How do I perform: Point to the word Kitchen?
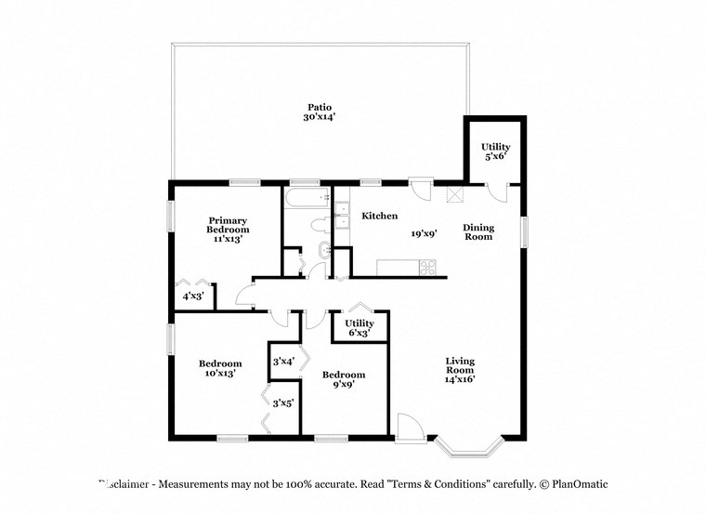tap(379, 216)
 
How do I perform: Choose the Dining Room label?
tap(477, 231)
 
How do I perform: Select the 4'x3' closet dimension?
tap(193, 296)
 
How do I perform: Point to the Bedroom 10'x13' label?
tap(220, 368)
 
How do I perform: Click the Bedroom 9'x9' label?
tap(343, 379)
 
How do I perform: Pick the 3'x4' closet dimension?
tap(282, 362)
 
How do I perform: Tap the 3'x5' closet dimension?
tap(283, 402)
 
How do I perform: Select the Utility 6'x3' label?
tap(360, 328)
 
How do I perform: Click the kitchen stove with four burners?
tap(428, 267)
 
